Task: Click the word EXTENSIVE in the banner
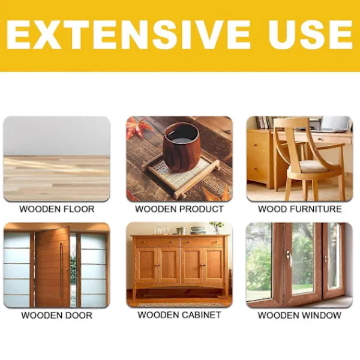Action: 128,35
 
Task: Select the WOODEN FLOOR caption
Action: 57,209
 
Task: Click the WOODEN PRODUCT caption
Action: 179,209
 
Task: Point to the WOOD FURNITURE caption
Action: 299,209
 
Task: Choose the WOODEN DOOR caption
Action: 57,315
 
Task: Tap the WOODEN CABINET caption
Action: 179,314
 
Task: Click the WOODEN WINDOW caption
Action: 299,315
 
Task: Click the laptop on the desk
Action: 335,124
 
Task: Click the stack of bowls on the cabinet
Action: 197,230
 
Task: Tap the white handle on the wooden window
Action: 289,258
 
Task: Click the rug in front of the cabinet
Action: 180,305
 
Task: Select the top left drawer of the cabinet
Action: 157,242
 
